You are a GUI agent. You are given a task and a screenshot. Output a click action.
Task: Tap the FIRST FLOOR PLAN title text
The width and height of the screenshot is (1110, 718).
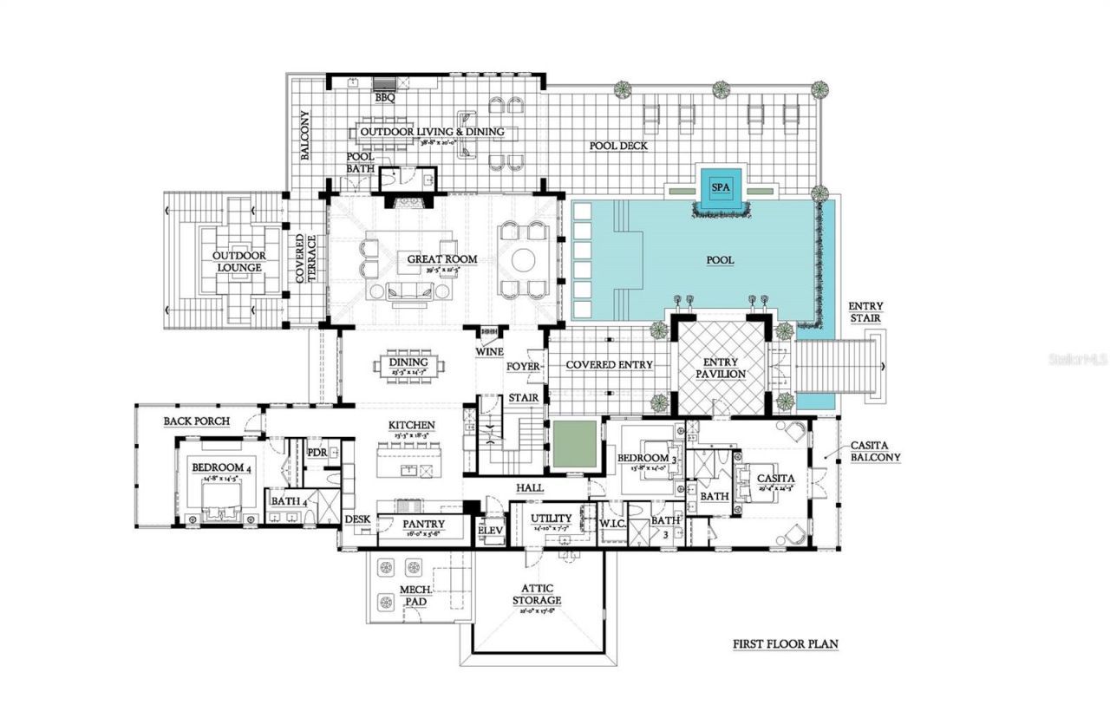785,644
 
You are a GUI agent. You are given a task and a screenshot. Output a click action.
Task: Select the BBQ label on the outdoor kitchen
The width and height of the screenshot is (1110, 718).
385,98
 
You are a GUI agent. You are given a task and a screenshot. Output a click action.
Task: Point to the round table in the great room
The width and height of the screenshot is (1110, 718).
524,260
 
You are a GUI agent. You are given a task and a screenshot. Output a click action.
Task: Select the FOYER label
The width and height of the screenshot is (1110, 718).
525,367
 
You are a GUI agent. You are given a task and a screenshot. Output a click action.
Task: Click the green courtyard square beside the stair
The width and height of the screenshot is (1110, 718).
575,442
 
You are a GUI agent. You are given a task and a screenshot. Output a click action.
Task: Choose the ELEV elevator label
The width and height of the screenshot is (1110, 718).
491,531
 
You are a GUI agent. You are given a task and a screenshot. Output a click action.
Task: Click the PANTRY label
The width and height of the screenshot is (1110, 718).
423,525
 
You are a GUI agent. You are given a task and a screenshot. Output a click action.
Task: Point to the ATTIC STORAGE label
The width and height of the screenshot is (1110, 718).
537,594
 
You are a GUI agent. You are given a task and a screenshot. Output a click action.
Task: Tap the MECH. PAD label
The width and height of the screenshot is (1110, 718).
411,596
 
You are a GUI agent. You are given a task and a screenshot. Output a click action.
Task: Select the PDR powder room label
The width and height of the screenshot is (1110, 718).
317,453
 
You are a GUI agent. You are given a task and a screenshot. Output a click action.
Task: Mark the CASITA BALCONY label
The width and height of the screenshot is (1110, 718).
875,451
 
